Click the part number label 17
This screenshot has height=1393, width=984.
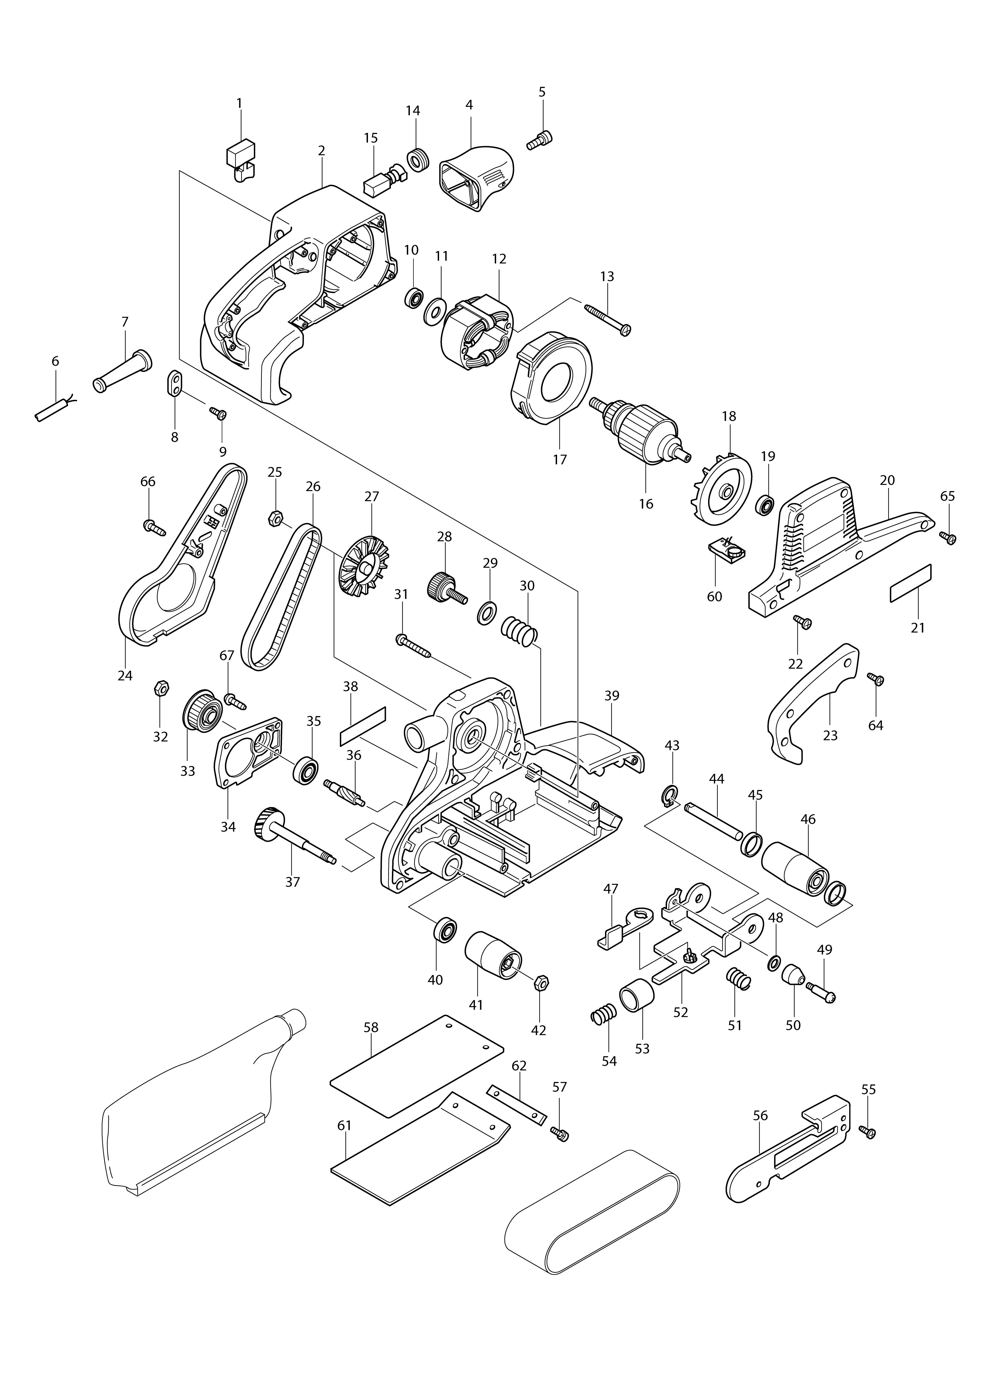(559, 460)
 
